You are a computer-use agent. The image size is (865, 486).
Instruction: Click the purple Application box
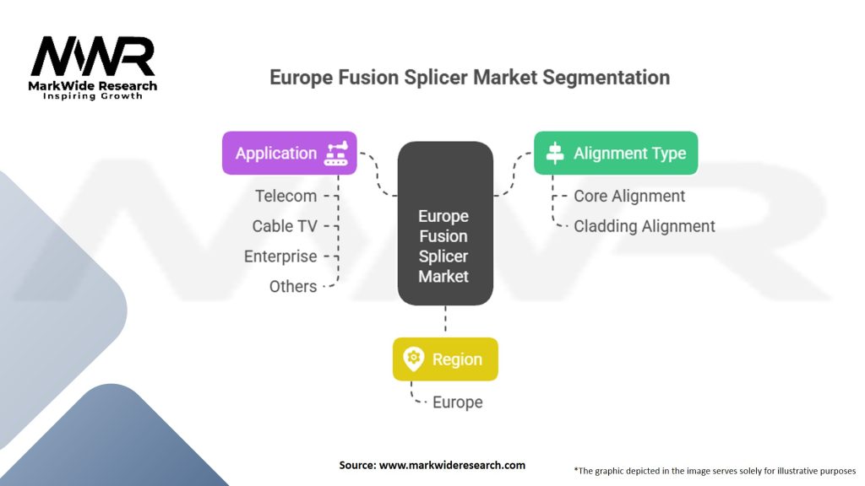[x=289, y=153]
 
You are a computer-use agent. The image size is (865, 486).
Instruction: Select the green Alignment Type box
[x=615, y=153]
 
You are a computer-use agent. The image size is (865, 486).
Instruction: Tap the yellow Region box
[x=445, y=359]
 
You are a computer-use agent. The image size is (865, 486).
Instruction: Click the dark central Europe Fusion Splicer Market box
[x=444, y=224]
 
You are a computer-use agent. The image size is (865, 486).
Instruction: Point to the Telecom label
[x=286, y=196]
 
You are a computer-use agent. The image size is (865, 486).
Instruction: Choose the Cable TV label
[x=285, y=226]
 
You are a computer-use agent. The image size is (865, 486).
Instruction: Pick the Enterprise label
[x=280, y=256]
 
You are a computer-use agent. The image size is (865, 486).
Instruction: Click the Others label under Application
[x=293, y=286]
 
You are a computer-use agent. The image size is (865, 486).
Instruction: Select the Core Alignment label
[x=629, y=196]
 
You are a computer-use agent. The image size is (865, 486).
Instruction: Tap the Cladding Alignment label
[x=645, y=226]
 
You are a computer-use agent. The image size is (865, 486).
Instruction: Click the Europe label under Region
[x=457, y=402]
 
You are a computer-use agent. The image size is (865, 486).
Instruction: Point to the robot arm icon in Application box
[x=335, y=153]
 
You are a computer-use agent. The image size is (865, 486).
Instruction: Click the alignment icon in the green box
[x=555, y=154]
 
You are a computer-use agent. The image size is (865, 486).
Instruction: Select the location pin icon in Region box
[x=413, y=359]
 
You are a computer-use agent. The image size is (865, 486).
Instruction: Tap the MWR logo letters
[x=93, y=57]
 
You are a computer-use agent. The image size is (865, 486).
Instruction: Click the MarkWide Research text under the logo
[x=93, y=85]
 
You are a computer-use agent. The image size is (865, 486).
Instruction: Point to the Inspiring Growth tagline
[x=93, y=96]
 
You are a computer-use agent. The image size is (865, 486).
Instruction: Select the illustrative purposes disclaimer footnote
[x=715, y=470]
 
